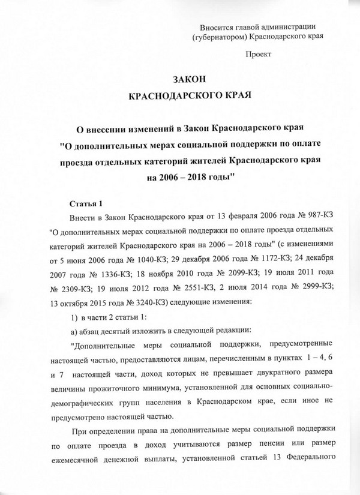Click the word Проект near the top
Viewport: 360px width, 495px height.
tap(259, 54)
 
